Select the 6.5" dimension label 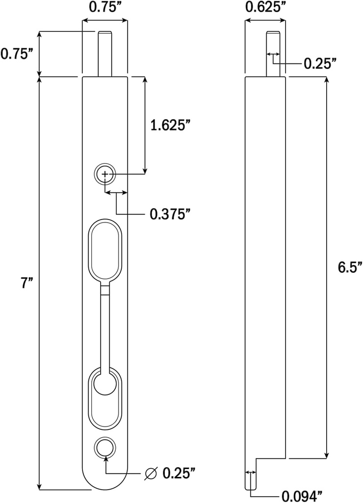pyautogui.click(x=350, y=268)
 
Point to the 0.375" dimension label pyautogui.click(x=170, y=214)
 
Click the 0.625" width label pyautogui.click(x=265, y=7)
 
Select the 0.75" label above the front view pyautogui.click(x=105, y=7)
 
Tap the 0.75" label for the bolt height pyautogui.click(x=17, y=54)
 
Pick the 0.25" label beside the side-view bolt pyautogui.click(x=320, y=63)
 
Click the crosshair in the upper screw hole pyautogui.click(x=105, y=174)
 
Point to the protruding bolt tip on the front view pyautogui.click(x=105, y=53)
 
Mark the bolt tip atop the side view pyautogui.click(x=274, y=53)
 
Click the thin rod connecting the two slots pyautogui.click(x=105, y=329)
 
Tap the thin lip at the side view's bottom pyautogui.click(x=251, y=474)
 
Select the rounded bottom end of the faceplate pyautogui.click(x=105, y=481)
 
